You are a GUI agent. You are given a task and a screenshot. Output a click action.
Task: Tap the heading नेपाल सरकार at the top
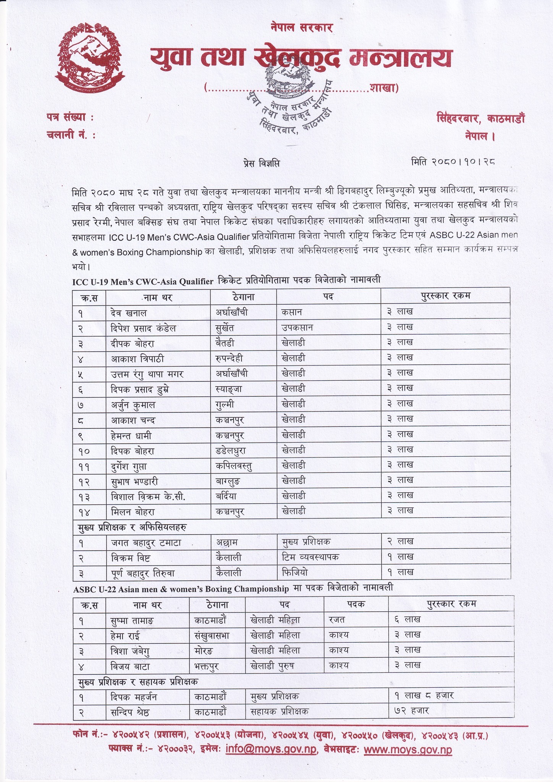[301, 27]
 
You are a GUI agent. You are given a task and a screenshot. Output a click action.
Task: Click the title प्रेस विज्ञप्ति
[261, 163]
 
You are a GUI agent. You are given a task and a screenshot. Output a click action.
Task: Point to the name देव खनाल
[128, 312]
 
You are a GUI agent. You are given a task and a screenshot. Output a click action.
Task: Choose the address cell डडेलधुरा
[230, 450]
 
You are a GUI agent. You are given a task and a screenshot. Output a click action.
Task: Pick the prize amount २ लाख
[400, 541]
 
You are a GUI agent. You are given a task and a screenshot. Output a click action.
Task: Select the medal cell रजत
[337, 619]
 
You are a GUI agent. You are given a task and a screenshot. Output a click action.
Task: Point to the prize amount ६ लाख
[407, 619]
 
